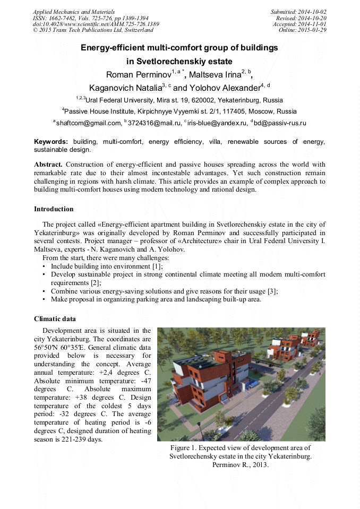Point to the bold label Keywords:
coord(51,142)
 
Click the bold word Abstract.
coord(48,165)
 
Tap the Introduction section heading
coord(54,209)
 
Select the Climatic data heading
coord(55,319)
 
